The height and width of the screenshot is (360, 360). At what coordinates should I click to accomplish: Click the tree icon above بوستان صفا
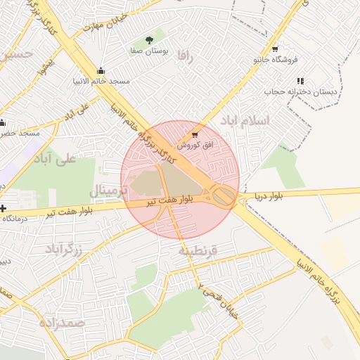pyautogui.click(x=148, y=39)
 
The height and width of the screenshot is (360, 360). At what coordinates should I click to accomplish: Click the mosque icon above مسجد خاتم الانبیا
pyautogui.click(x=101, y=70)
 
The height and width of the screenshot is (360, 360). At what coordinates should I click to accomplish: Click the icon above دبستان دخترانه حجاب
pyautogui.click(x=301, y=81)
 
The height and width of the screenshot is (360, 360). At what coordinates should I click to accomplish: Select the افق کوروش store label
pyautogui.click(x=194, y=144)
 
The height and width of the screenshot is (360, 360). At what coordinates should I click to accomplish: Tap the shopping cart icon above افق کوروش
pyautogui.click(x=194, y=134)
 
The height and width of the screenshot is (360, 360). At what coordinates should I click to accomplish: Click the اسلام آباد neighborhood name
pyautogui.click(x=245, y=120)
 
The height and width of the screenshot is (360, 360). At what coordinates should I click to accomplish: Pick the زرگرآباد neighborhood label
pyautogui.click(x=65, y=249)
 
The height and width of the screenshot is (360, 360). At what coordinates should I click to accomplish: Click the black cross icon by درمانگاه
pyautogui.click(x=4, y=209)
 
